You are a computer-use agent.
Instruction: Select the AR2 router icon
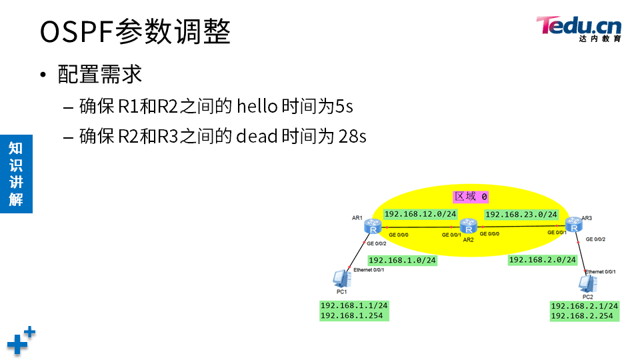click(x=469, y=226)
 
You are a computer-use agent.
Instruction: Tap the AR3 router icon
click(x=573, y=225)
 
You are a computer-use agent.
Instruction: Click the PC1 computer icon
click(x=341, y=278)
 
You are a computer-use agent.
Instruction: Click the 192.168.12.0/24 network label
click(x=421, y=214)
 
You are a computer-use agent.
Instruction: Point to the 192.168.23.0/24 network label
click(x=521, y=215)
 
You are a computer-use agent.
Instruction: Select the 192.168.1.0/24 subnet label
click(x=402, y=260)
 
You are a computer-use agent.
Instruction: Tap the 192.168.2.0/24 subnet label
click(x=542, y=260)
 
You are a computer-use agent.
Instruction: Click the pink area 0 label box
click(x=471, y=197)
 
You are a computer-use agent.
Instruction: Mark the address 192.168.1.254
click(x=352, y=315)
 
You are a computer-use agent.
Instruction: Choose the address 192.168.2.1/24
click(x=585, y=306)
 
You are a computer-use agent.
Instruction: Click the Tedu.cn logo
click(x=579, y=28)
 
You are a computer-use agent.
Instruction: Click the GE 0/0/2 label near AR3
click(x=595, y=239)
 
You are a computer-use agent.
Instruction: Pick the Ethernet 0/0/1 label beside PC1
click(x=369, y=269)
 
